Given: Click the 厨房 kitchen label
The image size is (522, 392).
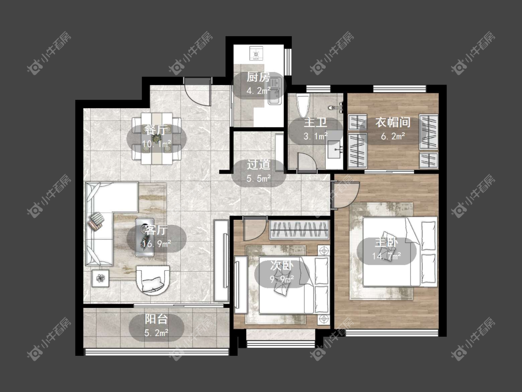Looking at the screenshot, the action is tap(258, 78).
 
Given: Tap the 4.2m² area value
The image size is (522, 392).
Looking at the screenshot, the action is tap(258, 91).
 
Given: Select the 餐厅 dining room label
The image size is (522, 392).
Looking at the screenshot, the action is tap(156, 130).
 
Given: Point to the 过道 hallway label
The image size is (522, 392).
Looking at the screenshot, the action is tap(258, 165).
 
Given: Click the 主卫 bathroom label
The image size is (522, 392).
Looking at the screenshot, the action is tap(315, 122).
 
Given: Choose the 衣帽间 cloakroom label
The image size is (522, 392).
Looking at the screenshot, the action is tap(393, 122).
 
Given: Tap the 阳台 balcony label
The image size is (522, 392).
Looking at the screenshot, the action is tap(156, 319).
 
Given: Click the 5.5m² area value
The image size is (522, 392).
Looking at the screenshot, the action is tap(258, 179).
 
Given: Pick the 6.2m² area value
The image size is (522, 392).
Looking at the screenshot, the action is tap(393, 136).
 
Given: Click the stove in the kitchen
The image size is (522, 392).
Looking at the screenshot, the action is tap(256, 52).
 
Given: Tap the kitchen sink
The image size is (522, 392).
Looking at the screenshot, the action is tap(275, 91).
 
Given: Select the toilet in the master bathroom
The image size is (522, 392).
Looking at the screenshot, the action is tap(303, 105).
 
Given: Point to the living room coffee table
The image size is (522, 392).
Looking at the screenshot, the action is tap(144, 237).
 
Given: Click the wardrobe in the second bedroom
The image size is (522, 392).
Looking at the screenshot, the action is tap(299, 229).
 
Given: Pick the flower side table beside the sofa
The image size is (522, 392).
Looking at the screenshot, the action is tap(101, 277).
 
